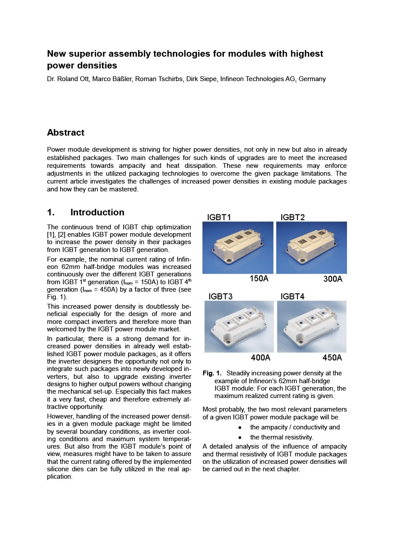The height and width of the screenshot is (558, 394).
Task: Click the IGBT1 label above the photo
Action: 219,217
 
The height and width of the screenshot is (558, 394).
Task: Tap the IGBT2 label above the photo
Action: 293,217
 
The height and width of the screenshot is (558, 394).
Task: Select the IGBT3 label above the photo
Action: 220,296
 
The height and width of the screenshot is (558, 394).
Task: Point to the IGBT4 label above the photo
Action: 293,296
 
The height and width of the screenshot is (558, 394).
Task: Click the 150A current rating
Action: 259,279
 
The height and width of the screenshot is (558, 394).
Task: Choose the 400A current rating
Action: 261,358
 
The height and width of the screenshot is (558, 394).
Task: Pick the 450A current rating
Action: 332,358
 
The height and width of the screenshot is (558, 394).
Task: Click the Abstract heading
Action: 66,133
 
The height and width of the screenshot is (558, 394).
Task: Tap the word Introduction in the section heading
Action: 98,212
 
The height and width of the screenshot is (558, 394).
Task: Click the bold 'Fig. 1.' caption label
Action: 212,373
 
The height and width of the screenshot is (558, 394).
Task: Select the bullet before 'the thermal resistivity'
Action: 240,437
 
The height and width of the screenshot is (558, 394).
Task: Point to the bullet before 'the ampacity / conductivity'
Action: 240,428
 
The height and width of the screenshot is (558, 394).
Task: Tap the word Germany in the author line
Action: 312,79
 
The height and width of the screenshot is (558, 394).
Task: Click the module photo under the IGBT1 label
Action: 238,248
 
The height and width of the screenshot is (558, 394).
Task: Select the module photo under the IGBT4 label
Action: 312,327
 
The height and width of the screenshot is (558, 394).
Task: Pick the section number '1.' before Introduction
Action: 51,212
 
